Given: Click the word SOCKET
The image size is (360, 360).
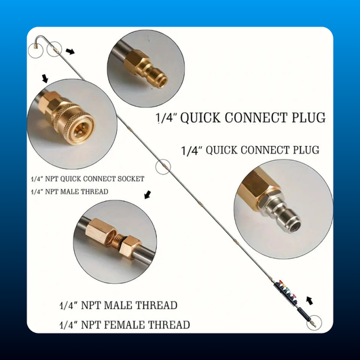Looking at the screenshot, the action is pyautogui.click(x=131, y=179).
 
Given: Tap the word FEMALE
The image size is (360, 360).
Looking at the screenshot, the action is pyautogui.click(x=124, y=325).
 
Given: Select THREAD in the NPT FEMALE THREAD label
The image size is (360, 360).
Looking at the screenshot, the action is pyautogui.click(x=168, y=325).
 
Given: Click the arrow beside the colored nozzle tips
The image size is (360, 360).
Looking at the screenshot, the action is pyautogui.click(x=310, y=300).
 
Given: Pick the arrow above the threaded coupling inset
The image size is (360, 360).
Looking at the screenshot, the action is pyautogui.click(x=147, y=195).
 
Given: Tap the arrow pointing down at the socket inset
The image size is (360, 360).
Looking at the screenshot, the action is pyautogui.click(x=45, y=78).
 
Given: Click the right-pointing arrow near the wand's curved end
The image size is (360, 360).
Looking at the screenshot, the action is pyautogui.click(x=70, y=51).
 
